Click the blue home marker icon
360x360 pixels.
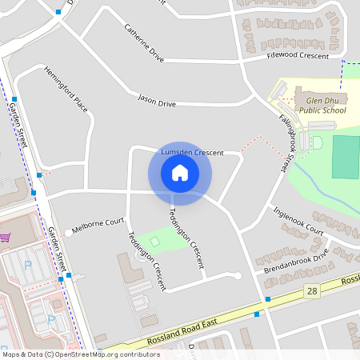(179, 172)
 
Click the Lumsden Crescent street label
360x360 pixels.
(191, 152)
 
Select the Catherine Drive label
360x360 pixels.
(144, 42)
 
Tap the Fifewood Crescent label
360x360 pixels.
(298, 56)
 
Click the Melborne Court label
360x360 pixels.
(98, 222)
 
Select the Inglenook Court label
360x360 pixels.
(298, 220)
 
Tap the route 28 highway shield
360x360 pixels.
(312, 292)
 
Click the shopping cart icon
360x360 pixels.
(6, 238)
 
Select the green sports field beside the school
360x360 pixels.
(346, 157)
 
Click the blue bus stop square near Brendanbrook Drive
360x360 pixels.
(267, 299)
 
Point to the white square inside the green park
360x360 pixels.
(154, 242)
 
